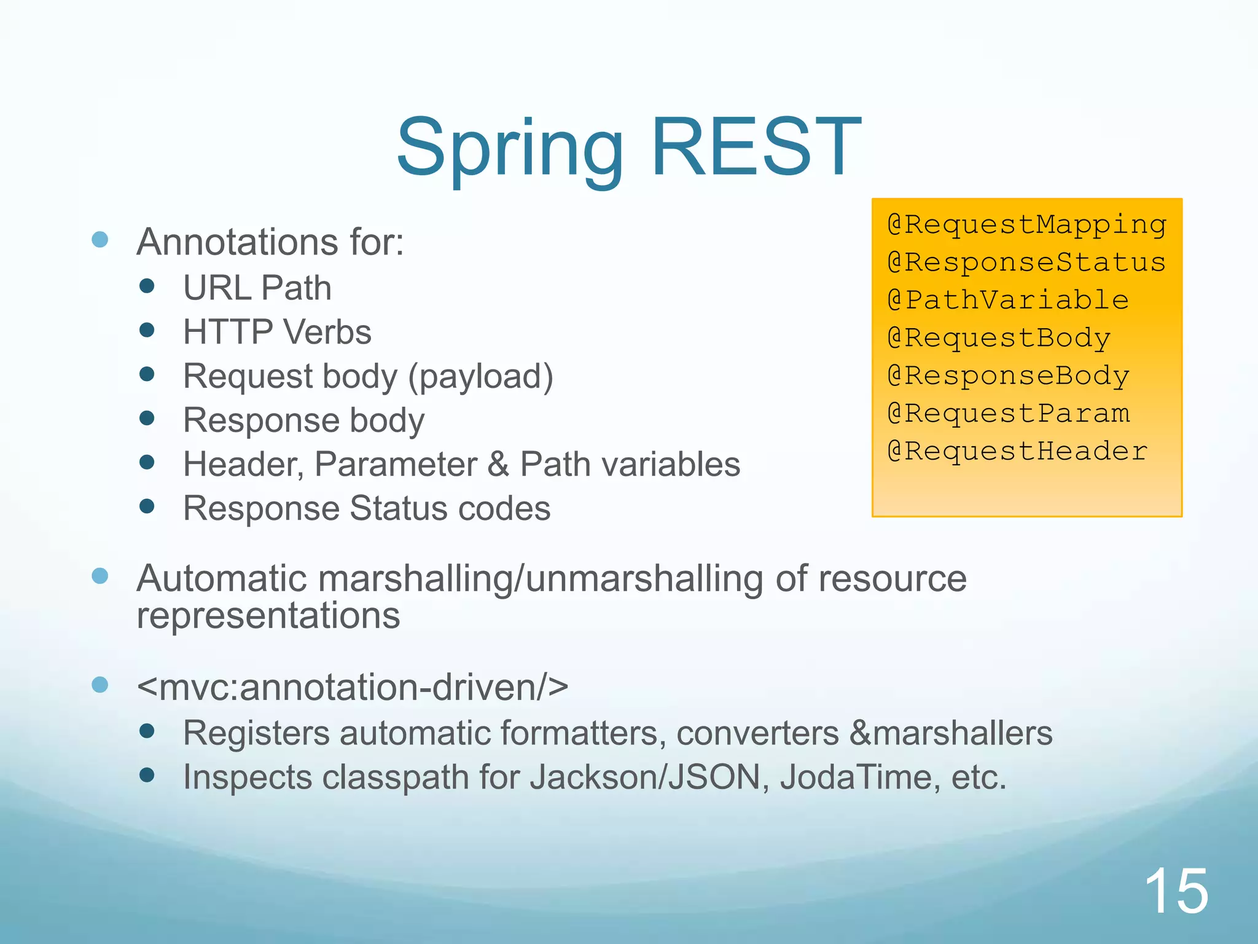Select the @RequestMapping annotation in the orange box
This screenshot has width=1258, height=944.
[x=1026, y=225]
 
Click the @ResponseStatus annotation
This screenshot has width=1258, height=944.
[x=1026, y=263]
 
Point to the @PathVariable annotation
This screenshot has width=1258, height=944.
[x=1008, y=301]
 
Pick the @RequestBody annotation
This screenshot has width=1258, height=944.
[x=999, y=339]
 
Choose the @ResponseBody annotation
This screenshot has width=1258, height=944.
[x=1008, y=376]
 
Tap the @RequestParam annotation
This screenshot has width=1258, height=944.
[x=1008, y=414]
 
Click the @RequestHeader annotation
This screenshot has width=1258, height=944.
[x=1017, y=452]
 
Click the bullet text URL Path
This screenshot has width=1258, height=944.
[x=257, y=288]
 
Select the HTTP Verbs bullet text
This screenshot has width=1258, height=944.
[x=277, y=332]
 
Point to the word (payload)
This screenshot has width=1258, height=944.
[x=481, y=377]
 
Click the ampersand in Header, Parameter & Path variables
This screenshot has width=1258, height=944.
[x=498, y=465]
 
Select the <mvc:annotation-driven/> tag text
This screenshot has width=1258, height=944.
[x=353, y=687]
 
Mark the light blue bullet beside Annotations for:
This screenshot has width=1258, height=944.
[x=100, y=239]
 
